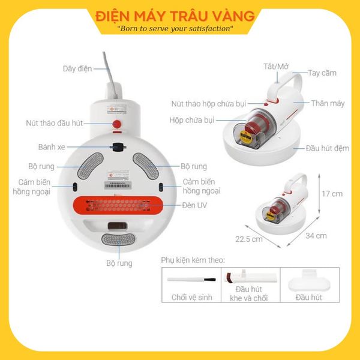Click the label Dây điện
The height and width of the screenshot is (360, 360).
click(77, 69)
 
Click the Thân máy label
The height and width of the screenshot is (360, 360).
click(328, 103)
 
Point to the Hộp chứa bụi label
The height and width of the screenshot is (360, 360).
click(192, 120)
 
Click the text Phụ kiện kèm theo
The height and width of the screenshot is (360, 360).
click(193, 260)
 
